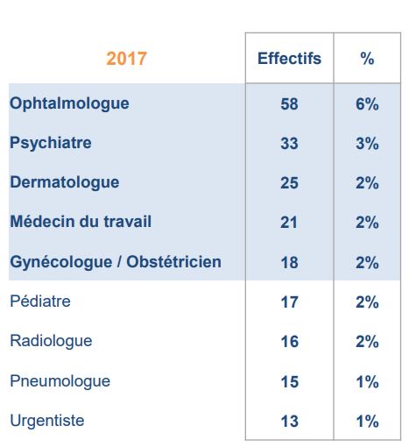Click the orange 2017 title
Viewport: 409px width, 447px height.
[126, 59]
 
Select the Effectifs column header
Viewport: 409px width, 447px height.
[289, 58]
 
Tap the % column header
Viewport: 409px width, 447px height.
[367, 59]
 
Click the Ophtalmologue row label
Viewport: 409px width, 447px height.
[69, 104]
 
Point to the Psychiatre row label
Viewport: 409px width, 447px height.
[51, 143]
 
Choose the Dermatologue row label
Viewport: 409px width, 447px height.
[65, 183]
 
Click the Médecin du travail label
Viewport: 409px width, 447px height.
[81, 221]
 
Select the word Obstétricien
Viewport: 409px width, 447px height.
[173, 261]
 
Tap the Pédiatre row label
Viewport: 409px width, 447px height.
[40, 301]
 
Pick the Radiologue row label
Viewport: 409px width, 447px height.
[51, 341]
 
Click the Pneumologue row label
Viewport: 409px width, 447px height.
[60, 381]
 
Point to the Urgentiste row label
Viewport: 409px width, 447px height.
[47, 421]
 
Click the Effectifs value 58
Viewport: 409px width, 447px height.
[289, 104]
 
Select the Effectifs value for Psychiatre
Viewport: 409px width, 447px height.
[289, 144]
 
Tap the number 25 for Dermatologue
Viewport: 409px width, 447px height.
[289, 183]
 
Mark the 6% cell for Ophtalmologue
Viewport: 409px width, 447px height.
[367, 104]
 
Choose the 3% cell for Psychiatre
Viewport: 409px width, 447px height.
[367, 144]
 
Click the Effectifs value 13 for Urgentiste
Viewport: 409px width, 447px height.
[289, 422]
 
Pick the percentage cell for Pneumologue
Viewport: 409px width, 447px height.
[367, 382]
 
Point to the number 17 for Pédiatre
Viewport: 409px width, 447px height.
[289, 302]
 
